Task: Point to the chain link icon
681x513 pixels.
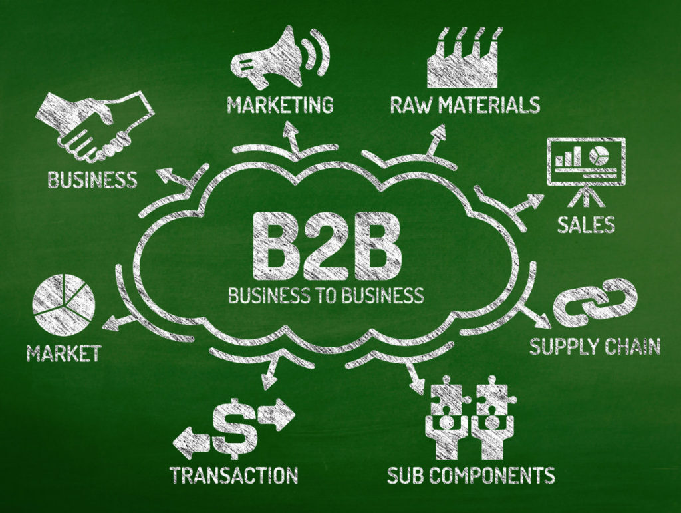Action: coord(595,302)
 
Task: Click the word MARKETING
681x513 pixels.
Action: coord(280,106)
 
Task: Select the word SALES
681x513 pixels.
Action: coord(586,225)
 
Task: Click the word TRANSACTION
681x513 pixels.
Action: coord(233,475)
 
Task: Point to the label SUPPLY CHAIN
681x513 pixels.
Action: coord(595,346)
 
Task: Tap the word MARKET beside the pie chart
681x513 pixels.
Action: coord(64,353)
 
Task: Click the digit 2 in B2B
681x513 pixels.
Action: coord(327,246)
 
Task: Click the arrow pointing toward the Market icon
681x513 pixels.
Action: coord(120,322)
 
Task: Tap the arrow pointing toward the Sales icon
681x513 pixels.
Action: coord(527,203)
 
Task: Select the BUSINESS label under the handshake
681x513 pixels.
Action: coord(92,180)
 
